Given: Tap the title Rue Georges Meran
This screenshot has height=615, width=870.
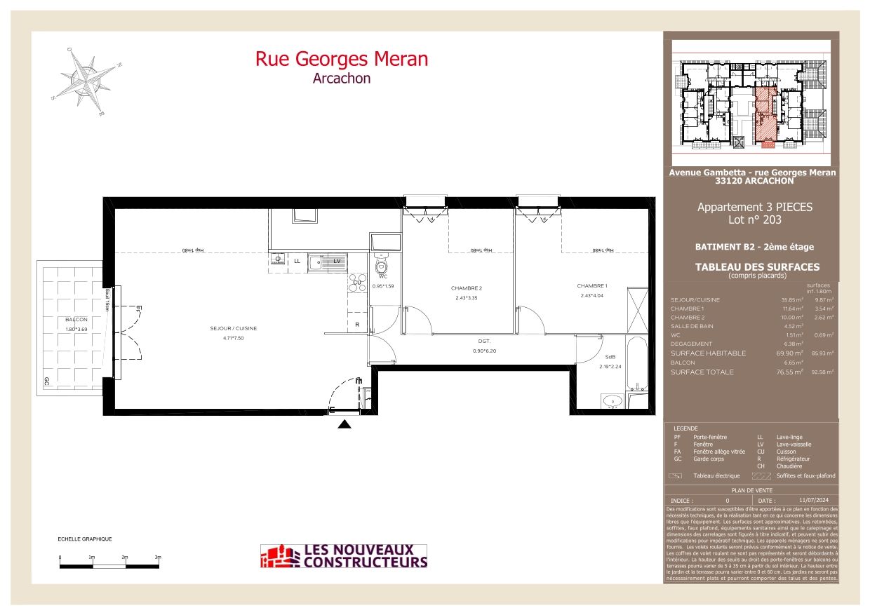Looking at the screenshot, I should pyautogui.click(x=341, y=59).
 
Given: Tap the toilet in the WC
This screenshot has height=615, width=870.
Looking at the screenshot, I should pyautogui.click(x=382, y=266).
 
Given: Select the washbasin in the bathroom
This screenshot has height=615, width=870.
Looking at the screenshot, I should pyautogui.click(x=612, y=402).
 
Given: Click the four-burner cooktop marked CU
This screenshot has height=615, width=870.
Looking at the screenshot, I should pyautogui.click(x=356, y=283).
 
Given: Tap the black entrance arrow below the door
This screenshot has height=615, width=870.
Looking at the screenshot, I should pyautogui.click(x=344, y=424).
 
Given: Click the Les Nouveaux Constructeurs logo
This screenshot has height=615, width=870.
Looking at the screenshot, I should pyautogui.click(x=344, y=556).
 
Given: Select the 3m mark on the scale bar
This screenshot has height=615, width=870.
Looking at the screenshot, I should pyautogui.click(x=158, y=557).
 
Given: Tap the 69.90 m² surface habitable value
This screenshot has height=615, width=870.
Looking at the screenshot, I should pyautogui.click(x=777, y=353).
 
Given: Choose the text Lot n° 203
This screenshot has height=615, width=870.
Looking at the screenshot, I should pyautogui.click(x=754, y=219).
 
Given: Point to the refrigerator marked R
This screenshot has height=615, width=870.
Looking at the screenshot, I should pyautogui.click(x=357, y=324).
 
